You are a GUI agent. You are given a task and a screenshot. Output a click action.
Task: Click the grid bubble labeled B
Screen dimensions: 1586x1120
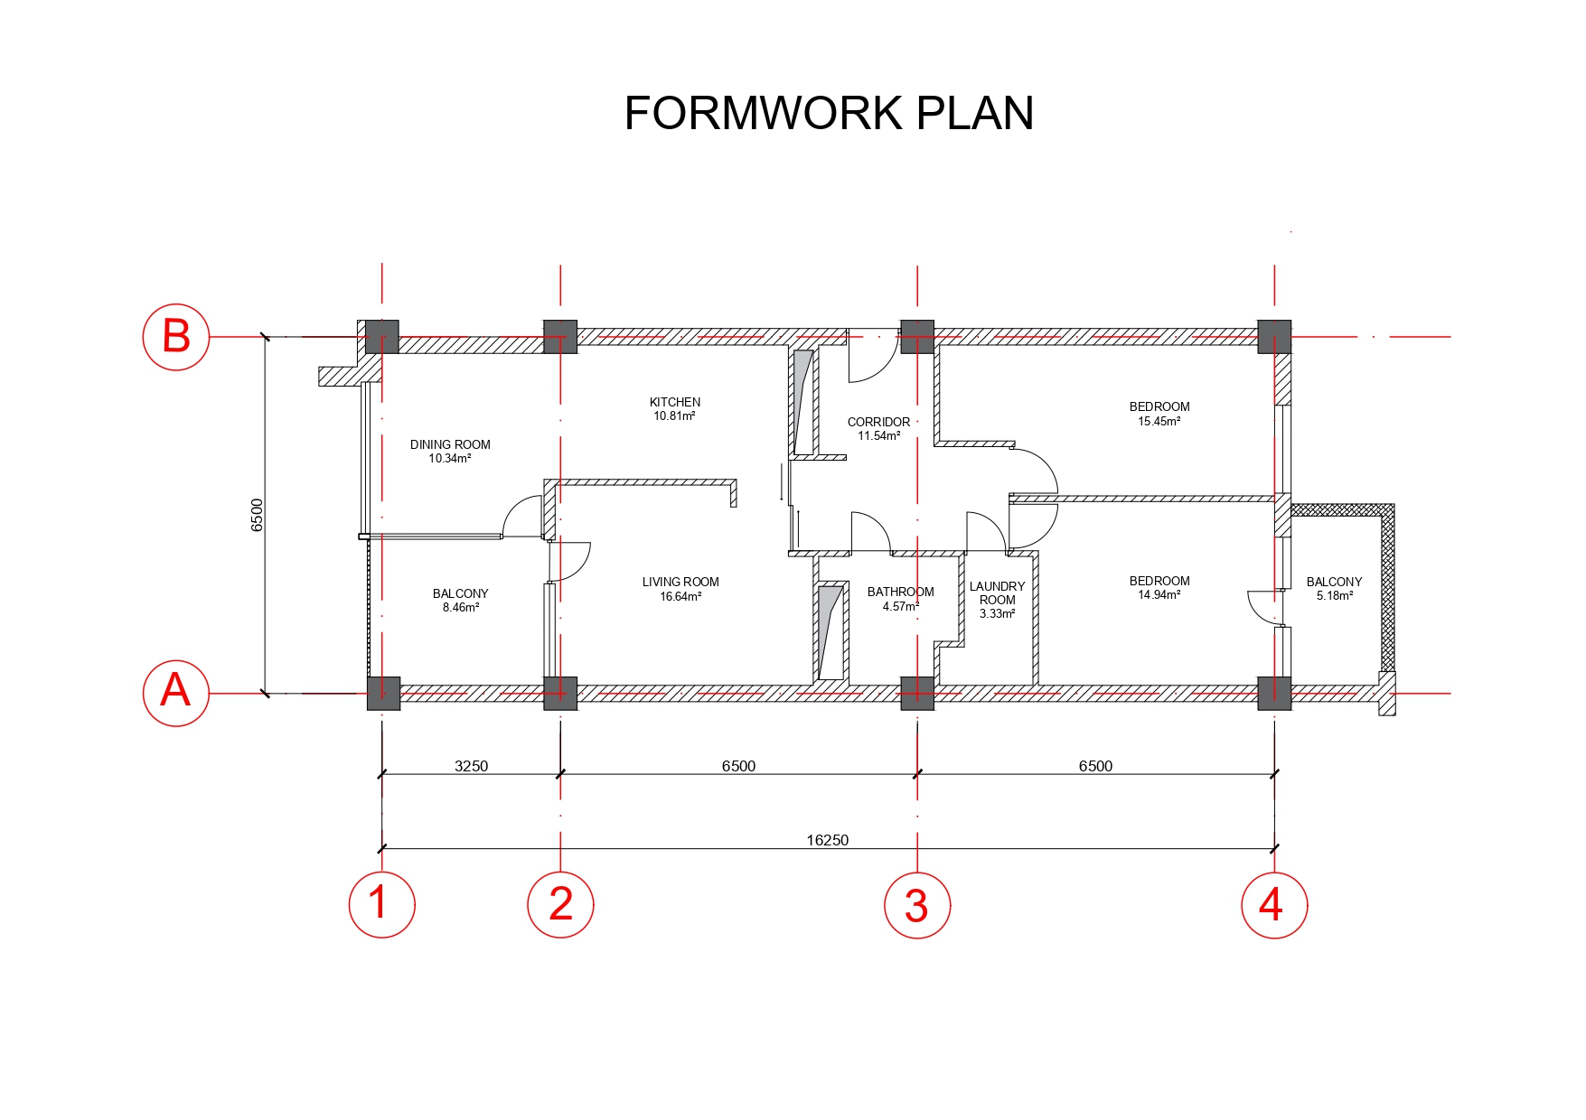tap(176, 337)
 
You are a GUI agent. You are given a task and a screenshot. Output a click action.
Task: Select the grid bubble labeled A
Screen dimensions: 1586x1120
tap(176, 694)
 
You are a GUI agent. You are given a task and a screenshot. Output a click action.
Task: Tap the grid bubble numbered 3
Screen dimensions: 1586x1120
tap(917, 905)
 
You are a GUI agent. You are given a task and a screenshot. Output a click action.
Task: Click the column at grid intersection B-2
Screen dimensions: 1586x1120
tap(560, 337)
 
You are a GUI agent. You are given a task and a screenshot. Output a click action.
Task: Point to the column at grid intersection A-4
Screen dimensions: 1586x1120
tap(1274, 694)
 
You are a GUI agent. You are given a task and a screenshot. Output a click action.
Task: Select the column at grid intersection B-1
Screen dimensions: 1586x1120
tap(382, 337)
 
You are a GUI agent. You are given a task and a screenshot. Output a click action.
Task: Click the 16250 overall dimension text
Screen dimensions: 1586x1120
tap(828, 840)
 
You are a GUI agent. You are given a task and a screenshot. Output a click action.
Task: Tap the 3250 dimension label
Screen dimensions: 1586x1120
tap(471, 766)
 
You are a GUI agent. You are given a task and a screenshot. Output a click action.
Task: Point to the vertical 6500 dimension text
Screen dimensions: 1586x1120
tap(257, 515)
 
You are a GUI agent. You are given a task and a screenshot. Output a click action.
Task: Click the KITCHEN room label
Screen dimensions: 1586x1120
tap(675, 402)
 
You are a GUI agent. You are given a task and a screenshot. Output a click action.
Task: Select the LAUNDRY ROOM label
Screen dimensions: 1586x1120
tap(998, 593)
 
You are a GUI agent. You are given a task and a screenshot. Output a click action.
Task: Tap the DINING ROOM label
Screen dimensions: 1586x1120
tap(450, 444)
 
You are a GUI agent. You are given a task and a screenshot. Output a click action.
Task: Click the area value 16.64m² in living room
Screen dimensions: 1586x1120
tap(680, 596)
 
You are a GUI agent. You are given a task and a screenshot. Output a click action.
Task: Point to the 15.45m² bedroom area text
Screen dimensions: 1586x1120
tap(1159, 421)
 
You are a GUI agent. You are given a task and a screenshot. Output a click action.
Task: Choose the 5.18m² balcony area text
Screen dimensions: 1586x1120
tap(1335, 596)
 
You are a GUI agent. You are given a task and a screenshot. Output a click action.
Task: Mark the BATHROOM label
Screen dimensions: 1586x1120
tap(901, 592)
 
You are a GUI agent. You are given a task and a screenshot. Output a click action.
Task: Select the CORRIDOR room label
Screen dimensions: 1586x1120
tap(878, 422)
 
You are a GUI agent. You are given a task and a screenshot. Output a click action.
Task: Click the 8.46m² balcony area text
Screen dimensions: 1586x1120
tap(461, 608)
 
